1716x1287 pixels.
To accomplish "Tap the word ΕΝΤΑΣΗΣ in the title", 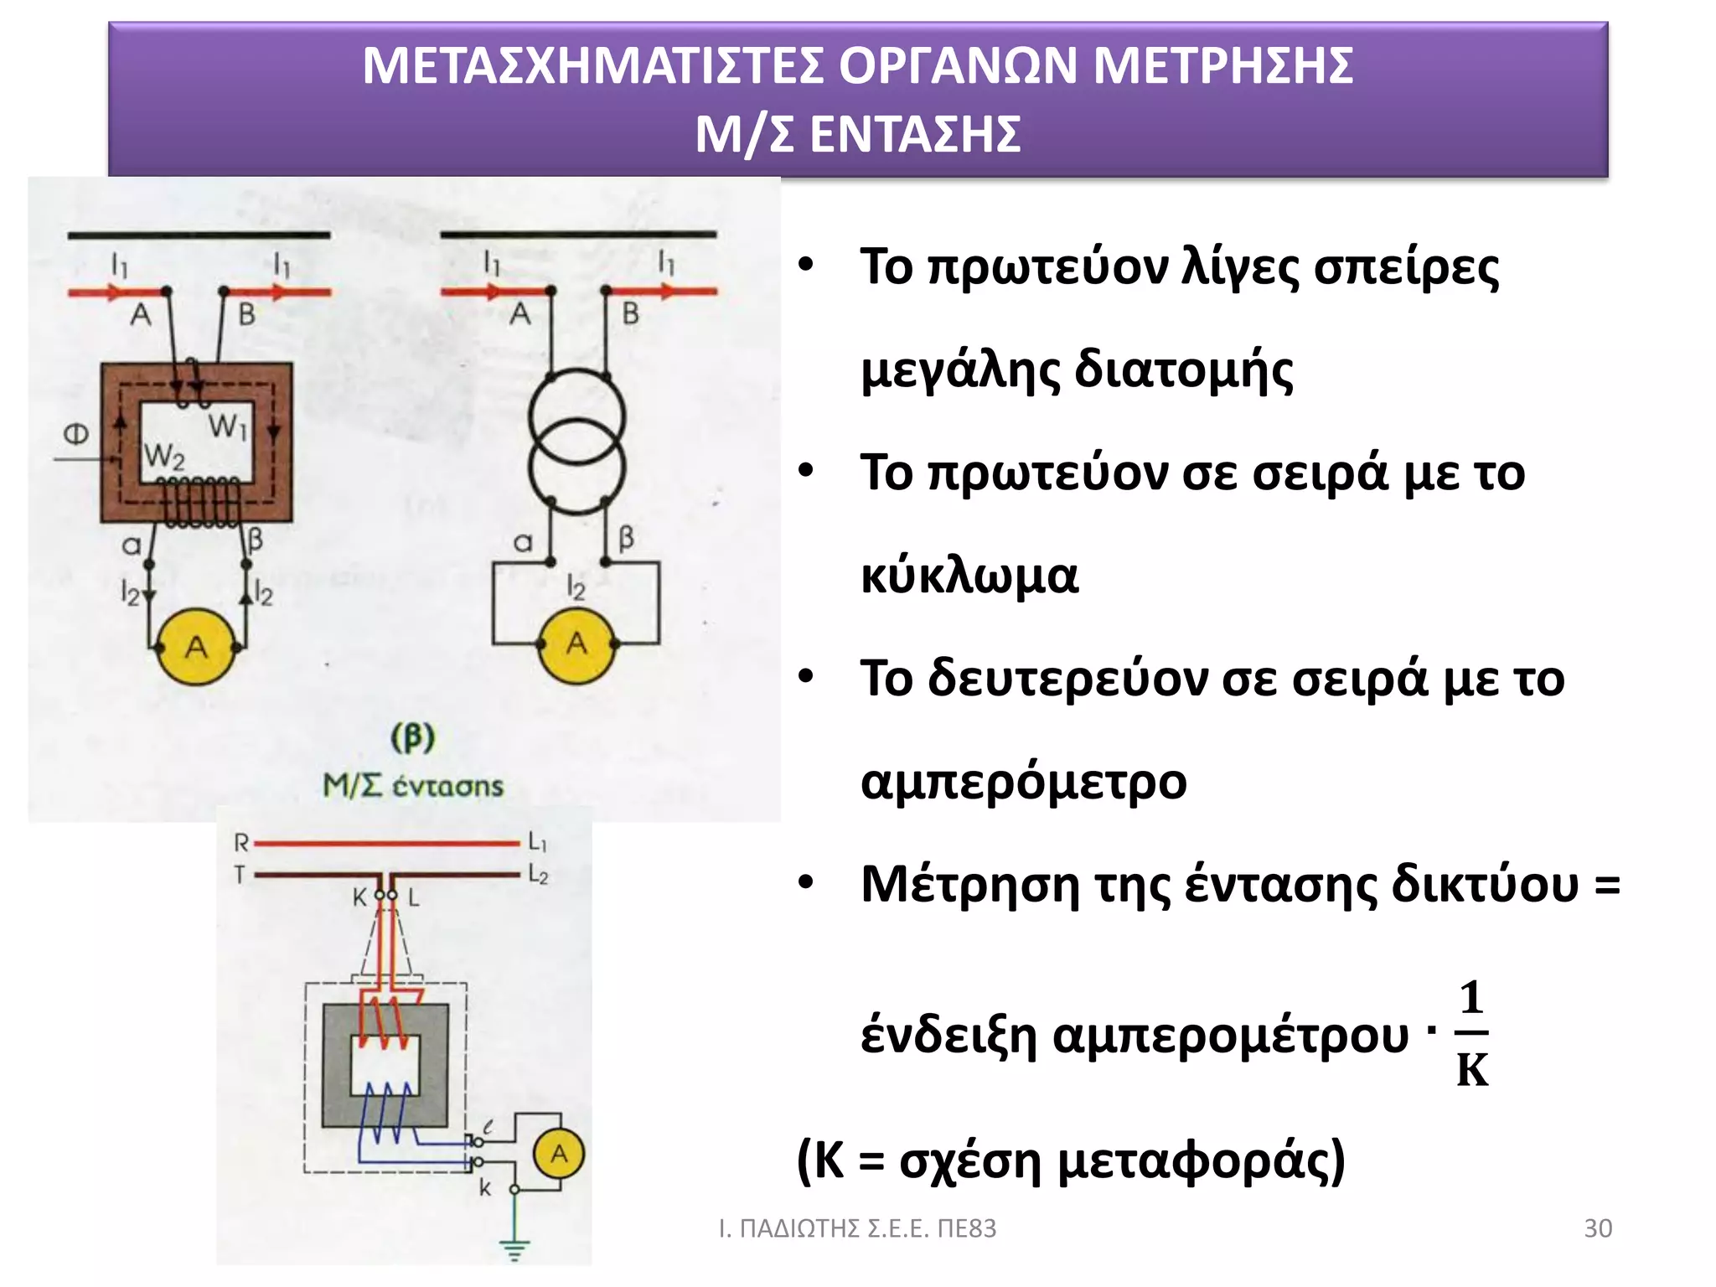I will (x=915, y=134).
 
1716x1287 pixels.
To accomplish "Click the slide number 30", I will (x=1597, y=1228).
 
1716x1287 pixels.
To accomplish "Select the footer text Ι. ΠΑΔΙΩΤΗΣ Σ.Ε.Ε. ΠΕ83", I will (x=857, y=1228).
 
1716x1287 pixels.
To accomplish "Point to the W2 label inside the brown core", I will (x=163, y=457).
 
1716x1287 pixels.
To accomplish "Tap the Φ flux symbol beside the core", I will (x=76, y=434).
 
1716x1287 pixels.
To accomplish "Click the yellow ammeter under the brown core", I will (x=196, y=647).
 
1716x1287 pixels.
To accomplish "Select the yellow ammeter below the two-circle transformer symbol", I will (x=576, y=644).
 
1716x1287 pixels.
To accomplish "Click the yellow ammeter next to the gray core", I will (x=559, y=1154).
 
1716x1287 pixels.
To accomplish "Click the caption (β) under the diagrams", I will (x=412, y=738).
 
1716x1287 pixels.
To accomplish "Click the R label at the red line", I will (x=241, y=842).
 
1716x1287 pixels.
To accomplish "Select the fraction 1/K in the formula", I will (x=1471, y=1034).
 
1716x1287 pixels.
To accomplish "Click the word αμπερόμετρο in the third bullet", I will (x=1023, y=782).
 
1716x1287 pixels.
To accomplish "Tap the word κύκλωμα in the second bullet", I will (x=969, y=576).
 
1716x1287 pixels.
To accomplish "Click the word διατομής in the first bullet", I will (x=1183, y=370).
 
